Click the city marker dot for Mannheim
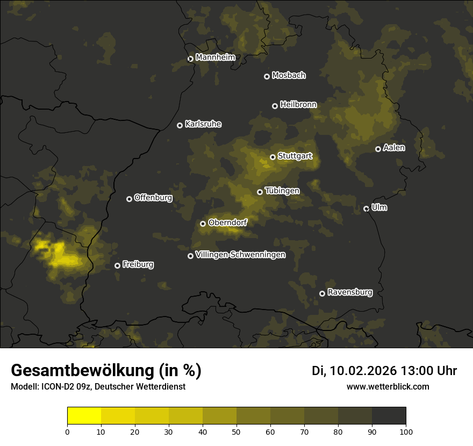point(190,59)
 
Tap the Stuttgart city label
point(295,156)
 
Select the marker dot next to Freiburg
point(118,265)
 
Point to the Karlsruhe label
point(203,124)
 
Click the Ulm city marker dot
point(367,208)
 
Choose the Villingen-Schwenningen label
point(240,255)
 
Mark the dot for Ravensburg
point(322,293)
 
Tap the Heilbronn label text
point(298,105)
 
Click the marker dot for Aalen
point(378,149)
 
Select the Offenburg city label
point(153,198)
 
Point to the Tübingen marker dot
point(260,192)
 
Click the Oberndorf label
point(227,222)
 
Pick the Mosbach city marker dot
point(267,76)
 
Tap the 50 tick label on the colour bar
point(236,431)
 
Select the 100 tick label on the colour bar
point(406,431)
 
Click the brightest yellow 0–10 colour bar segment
point(84,416)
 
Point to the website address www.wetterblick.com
point(388,387)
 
